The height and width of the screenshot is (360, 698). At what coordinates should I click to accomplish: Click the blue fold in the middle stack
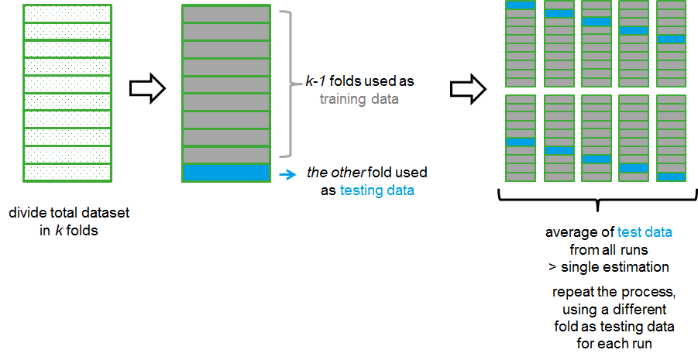click(x=225, y=173)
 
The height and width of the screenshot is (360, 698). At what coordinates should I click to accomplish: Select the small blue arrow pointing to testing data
click(x=287, y=174)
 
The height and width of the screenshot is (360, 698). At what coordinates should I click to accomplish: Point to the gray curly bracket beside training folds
click(x=288, y=83)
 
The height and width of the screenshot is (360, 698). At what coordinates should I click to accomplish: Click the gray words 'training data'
click(x=359, y=98)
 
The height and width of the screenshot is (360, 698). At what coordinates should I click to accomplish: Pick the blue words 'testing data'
click(x=377, y=190)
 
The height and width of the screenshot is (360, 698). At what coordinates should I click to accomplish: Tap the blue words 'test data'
click(x=645, y=231)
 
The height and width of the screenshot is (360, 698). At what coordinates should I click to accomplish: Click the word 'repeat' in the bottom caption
click(x=570, y=293)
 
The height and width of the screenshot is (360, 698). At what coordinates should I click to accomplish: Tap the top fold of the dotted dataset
click(x=67, y=13)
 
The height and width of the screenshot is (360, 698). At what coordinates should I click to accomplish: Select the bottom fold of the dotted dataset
click(x=67, y=173)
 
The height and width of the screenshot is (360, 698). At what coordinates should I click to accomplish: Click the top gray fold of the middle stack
click(x=225, y=14)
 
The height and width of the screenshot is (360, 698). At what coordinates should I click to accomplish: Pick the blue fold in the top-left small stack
click(x=521, y=5)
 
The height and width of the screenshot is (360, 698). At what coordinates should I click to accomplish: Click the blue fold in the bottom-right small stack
click(x=671, y=177)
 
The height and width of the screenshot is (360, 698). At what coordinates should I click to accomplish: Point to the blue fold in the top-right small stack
click(x=671, y=39)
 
